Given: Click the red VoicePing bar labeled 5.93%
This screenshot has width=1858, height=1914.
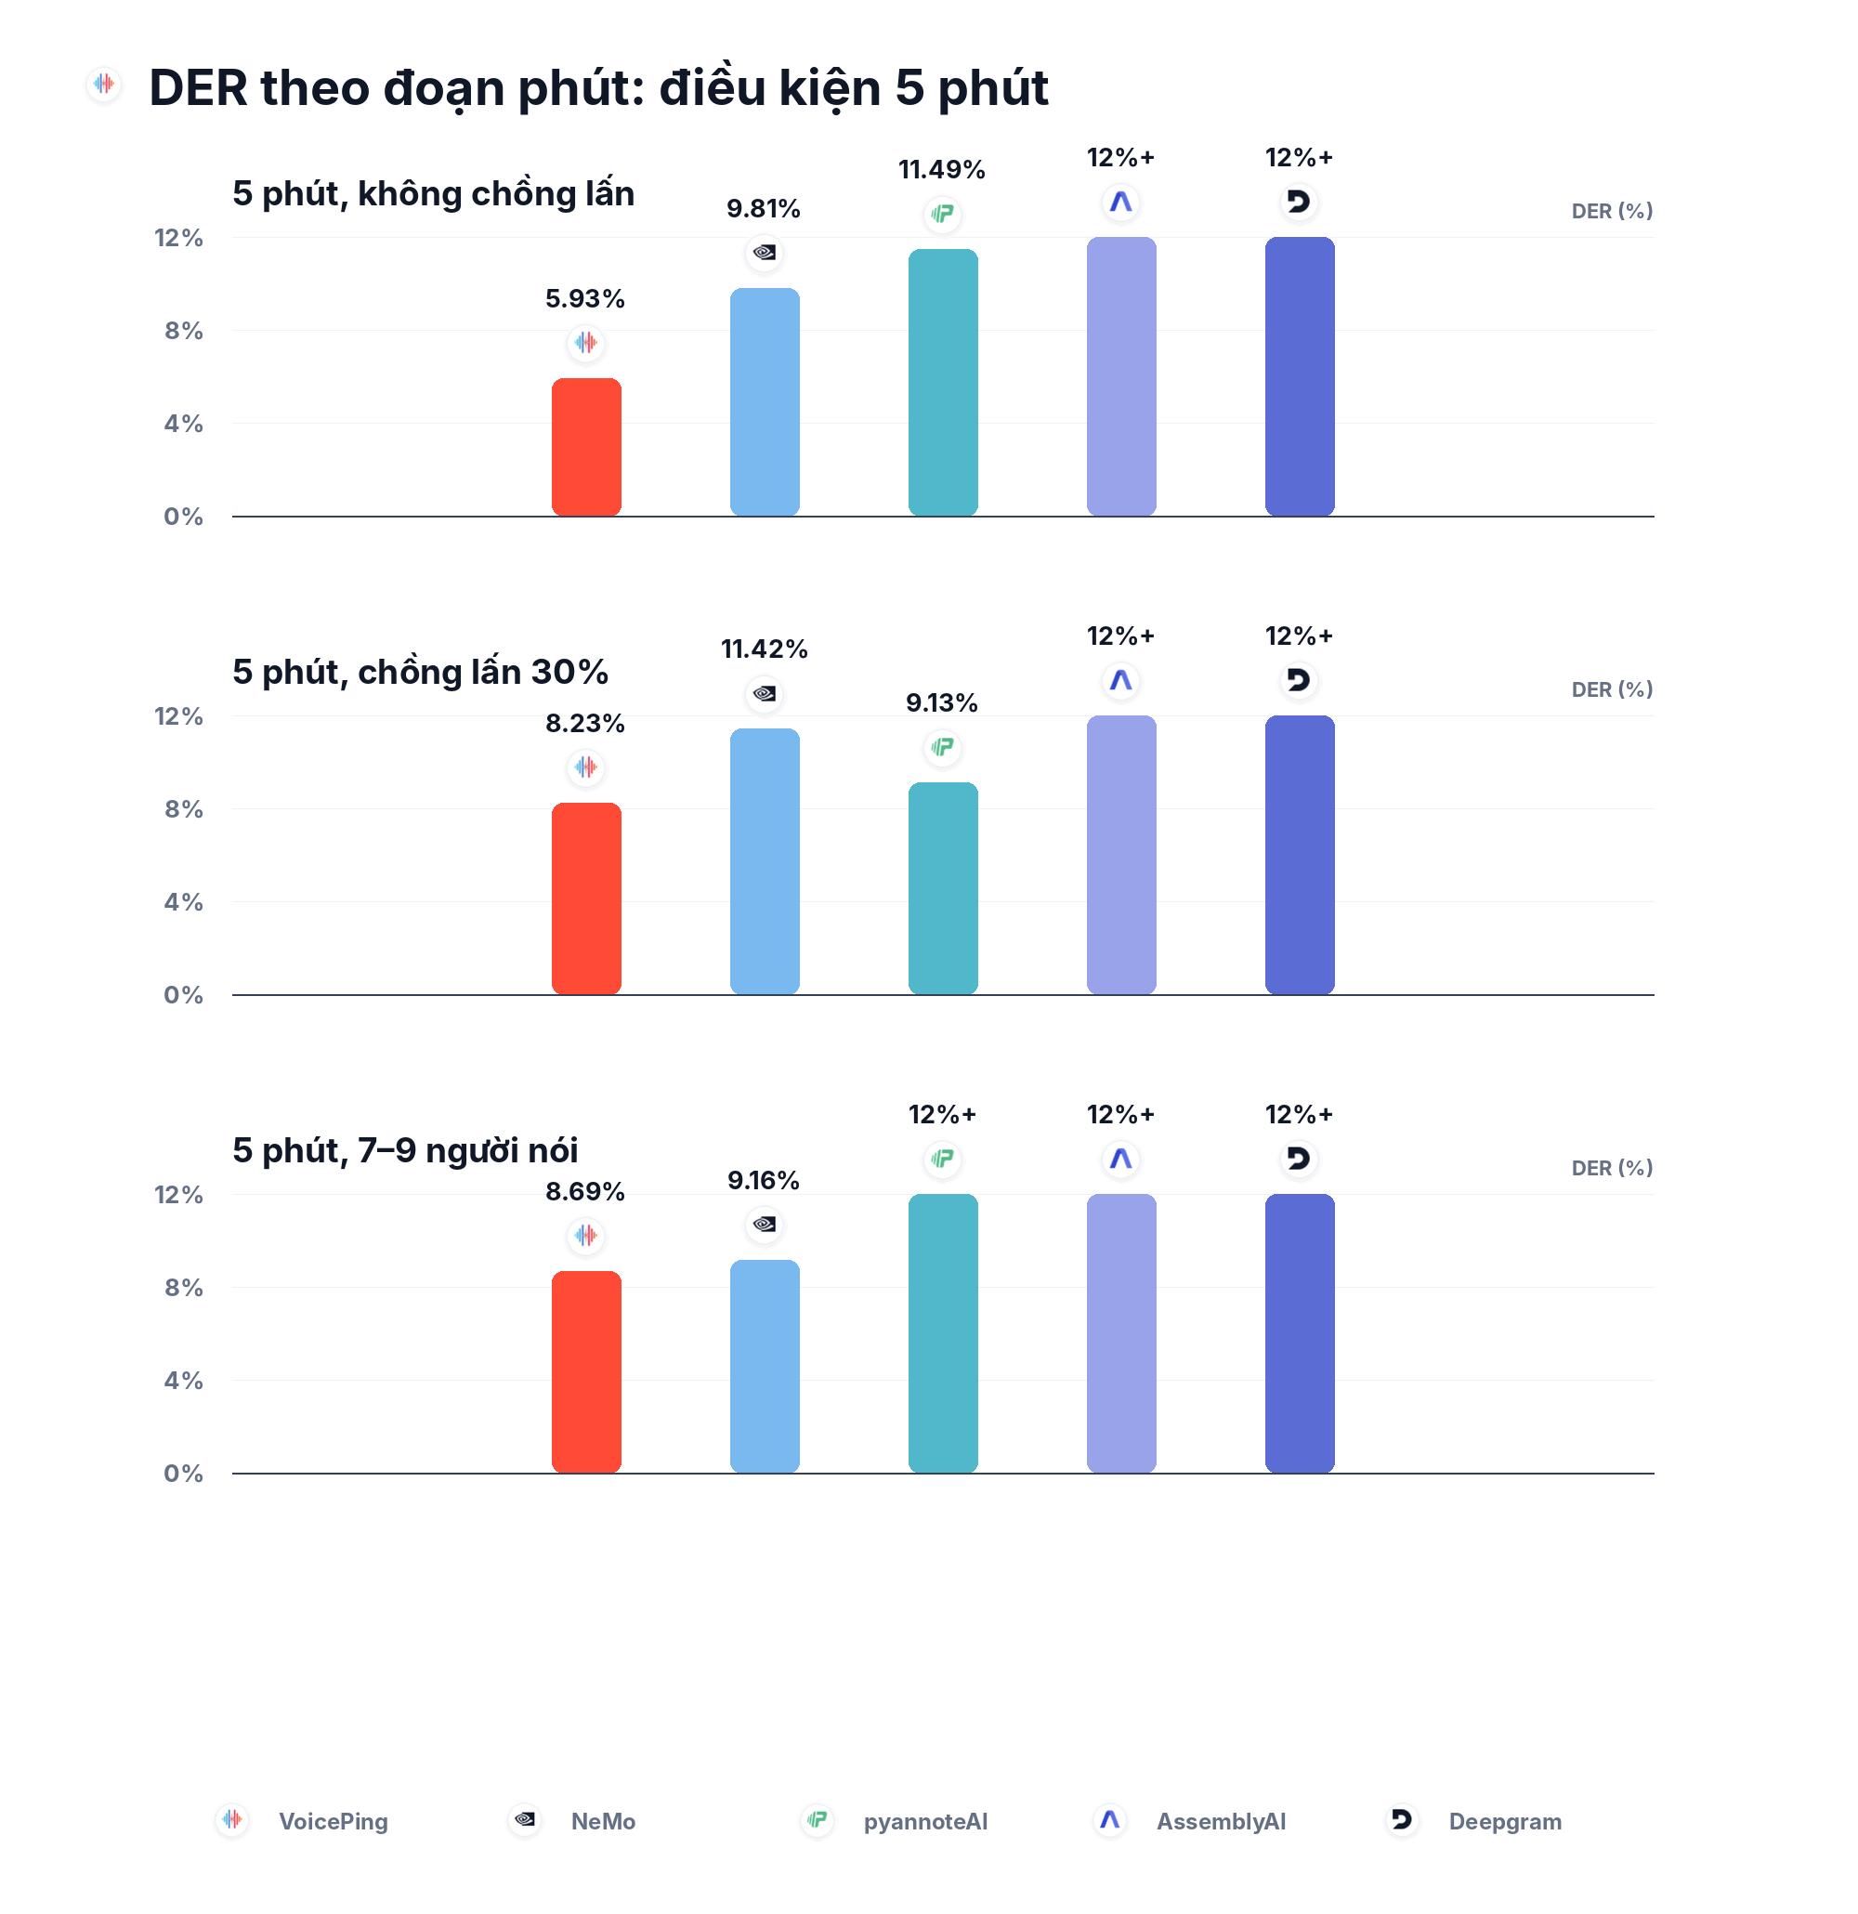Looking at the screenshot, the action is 586,446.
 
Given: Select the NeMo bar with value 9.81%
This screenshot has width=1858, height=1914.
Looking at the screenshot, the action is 765,401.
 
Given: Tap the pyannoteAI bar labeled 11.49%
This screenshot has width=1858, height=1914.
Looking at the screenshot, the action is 943,382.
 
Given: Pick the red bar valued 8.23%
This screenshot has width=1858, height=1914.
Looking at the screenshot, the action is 586,898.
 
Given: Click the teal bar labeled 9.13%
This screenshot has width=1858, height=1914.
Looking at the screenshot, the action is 943,887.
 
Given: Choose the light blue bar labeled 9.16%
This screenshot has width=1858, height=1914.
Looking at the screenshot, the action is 765,1366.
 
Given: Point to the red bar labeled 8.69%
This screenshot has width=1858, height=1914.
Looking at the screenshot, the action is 586,1372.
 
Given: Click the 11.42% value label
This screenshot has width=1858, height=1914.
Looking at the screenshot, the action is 765,649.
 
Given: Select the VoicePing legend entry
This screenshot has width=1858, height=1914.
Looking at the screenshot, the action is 303,1821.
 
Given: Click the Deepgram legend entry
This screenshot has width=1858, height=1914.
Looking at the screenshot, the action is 1474,1821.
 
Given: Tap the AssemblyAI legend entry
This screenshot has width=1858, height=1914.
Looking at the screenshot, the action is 1189,1821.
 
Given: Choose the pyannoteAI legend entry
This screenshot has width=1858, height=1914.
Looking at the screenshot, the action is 895,1821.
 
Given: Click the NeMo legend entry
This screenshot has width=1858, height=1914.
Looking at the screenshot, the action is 572,1821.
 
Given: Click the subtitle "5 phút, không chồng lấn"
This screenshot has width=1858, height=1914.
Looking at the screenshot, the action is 434,194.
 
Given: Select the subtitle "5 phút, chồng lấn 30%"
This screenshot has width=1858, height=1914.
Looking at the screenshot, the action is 420,673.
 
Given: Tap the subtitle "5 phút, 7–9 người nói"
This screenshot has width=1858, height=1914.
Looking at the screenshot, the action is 405,1151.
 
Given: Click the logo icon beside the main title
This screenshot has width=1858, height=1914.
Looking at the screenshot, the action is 103,85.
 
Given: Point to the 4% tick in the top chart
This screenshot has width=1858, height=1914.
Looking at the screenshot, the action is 184,424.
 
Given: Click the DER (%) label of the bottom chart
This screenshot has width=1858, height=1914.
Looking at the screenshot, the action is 1612,1168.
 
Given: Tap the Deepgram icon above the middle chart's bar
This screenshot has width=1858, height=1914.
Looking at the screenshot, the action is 1299,680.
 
